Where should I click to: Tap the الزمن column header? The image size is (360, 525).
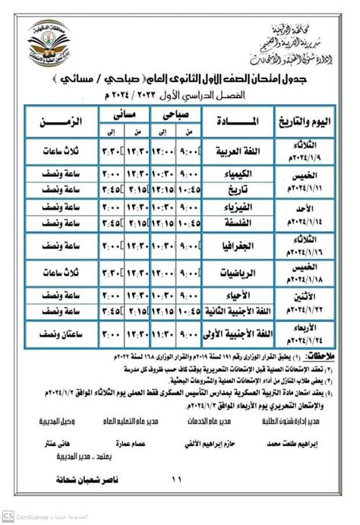coord(61,120)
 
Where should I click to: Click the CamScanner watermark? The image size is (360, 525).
coord(30,517)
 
